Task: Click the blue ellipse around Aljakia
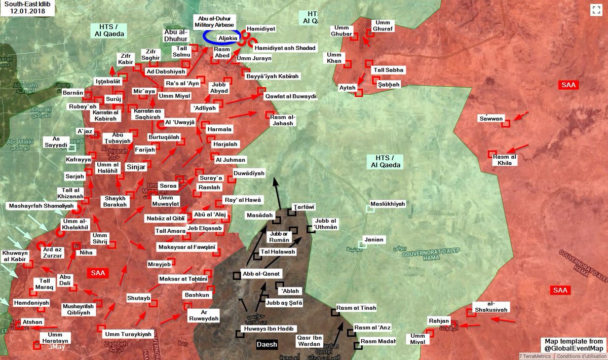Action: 221,38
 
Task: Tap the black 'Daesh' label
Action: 267,345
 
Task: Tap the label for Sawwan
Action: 491,119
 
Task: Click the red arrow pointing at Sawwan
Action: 521,117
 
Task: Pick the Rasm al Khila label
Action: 505,160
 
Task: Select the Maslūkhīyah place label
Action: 388,204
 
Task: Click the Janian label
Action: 373,239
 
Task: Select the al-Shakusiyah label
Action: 489,306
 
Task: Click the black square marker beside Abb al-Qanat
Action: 237,275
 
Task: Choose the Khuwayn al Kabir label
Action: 16,256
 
